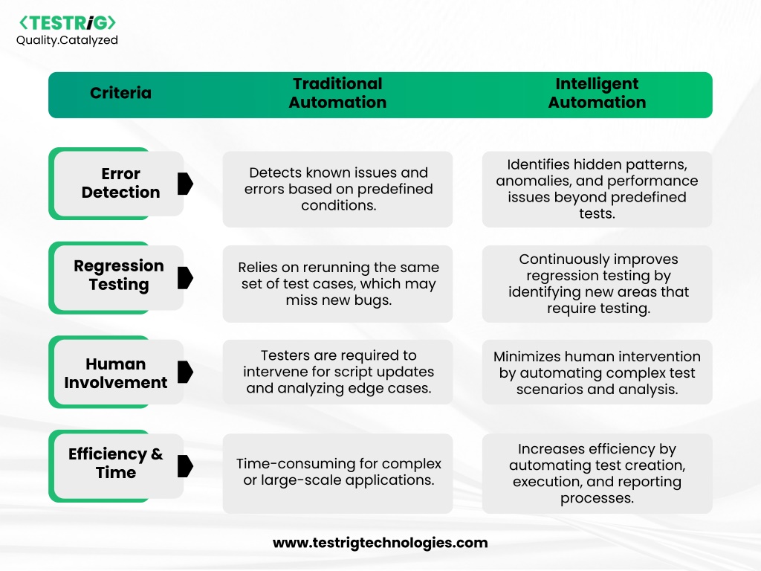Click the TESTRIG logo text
(68, 23)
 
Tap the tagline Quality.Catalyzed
(67, 40)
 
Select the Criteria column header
(120, 93)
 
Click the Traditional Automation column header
(338, 93)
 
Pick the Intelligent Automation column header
(597, 93)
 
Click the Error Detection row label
(120, 183)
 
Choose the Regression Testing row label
(119, 275)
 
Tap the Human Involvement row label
(115, 373)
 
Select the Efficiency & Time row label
(115, 463)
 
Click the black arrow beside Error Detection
(185, 184)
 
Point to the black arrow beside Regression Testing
(185, 278)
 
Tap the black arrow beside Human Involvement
(185, 372)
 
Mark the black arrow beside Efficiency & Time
(185, 466)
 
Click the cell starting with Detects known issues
(338, 190)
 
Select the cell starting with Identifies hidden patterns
(597, 190)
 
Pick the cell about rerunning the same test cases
(338, 284)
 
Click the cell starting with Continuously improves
(597, 284)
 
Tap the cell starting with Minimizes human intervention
(597, 372)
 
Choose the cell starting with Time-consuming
(338, 474)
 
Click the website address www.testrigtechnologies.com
(380, 543)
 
